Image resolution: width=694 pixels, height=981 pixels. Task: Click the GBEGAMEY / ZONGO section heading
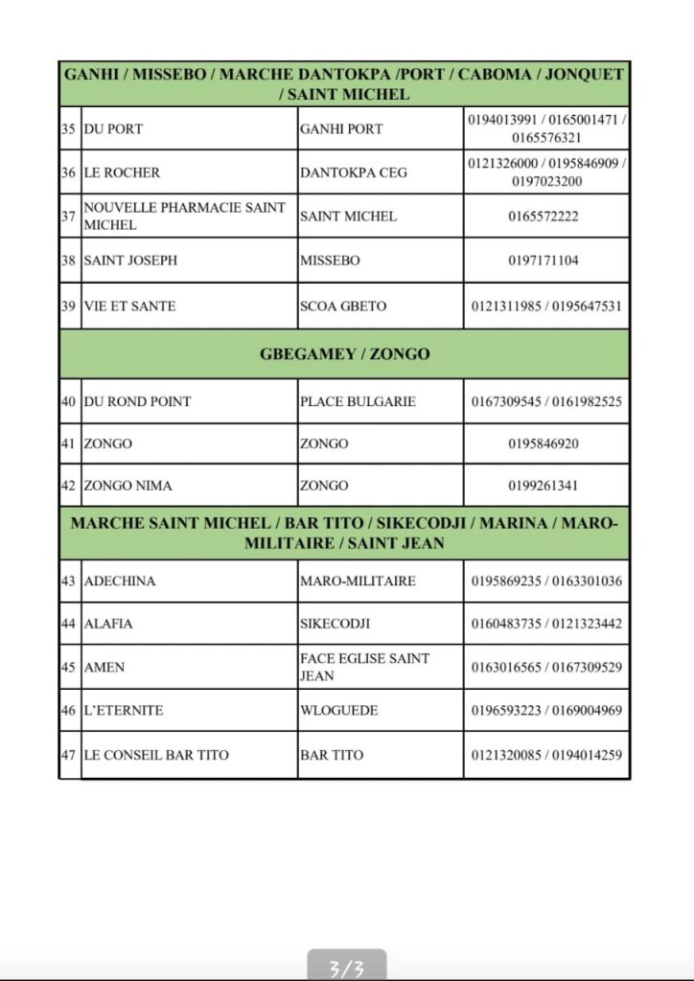point(344,354)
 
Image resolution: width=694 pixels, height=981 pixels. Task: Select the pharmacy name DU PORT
point(113,128)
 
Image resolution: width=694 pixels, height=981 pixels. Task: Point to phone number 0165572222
point(544,217)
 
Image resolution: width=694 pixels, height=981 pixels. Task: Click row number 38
point(68,260)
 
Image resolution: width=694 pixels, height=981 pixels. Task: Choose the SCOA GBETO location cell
point(343,307)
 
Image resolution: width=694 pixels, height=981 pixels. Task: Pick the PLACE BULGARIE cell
point(358,401)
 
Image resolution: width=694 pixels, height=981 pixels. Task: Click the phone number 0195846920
point(544,444)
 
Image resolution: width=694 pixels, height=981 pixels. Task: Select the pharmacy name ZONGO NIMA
point(128,486)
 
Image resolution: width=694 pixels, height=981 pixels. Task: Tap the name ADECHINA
point(120,581)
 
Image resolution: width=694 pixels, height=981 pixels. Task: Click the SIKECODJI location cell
point(335,624)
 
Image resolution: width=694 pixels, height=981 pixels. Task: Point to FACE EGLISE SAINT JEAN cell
point(364,667)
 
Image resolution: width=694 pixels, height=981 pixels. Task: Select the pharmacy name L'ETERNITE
point(124,710)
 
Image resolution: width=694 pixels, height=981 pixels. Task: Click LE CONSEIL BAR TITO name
point(156,755)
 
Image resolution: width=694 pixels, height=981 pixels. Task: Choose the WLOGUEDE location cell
point(338,710)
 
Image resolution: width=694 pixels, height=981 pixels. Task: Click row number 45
point(68,667)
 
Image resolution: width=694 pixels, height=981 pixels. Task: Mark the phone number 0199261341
point(544,486)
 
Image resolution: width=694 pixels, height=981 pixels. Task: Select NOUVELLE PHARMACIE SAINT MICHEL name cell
point(185,216)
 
